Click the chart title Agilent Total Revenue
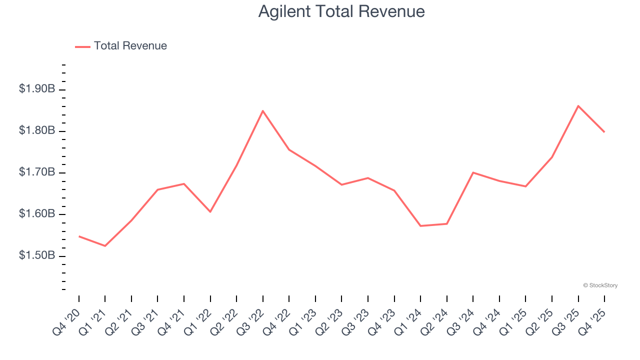coord(341,11)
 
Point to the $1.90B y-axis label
coord(37,89)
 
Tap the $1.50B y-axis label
coord(37,255)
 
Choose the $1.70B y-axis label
coord(37,172)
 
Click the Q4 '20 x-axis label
coord(67,322)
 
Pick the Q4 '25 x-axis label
coord(592,322)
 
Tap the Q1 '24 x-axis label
coord(408,322)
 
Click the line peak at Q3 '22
coord(263,110)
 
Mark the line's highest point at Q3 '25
coord(578,105)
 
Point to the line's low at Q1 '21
coord(105,246)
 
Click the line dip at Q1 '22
coord(210,212)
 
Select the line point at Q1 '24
coord(420,226)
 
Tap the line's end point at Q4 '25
coord(604,132)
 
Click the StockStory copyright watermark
coord(600,285)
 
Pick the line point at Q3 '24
coord(473,172)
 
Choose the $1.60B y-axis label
coord(37,214)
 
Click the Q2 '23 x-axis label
coord(329,322)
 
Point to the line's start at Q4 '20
coord(79,236)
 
